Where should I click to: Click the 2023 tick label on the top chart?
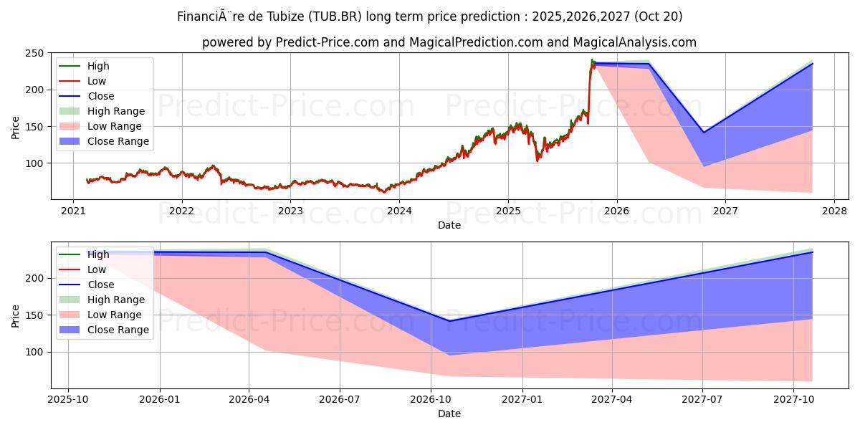[x=290, y=211]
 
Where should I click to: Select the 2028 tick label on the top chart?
[x=833, y=211]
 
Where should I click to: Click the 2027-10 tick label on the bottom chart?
[x=793, y=399]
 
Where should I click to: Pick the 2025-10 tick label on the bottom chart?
[x=68, y=399]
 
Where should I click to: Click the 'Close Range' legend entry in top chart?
[x=118, y=141]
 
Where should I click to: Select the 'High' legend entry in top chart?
[x=98, y=66]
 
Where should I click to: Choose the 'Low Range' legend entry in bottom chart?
[x=115, y=315]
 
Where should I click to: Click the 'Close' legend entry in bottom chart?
[x=100, y=285]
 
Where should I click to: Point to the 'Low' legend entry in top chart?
[x=97, y=81]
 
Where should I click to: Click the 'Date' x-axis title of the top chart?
[x=449, y=225]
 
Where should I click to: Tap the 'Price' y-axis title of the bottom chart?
[x=16, y=315]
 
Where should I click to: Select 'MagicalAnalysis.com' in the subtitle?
[x=634, y=42]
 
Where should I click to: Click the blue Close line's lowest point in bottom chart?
[x=449, y=321]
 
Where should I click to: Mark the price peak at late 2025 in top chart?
[x=592, y=60]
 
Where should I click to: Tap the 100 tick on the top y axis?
[x=35, y=163]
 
